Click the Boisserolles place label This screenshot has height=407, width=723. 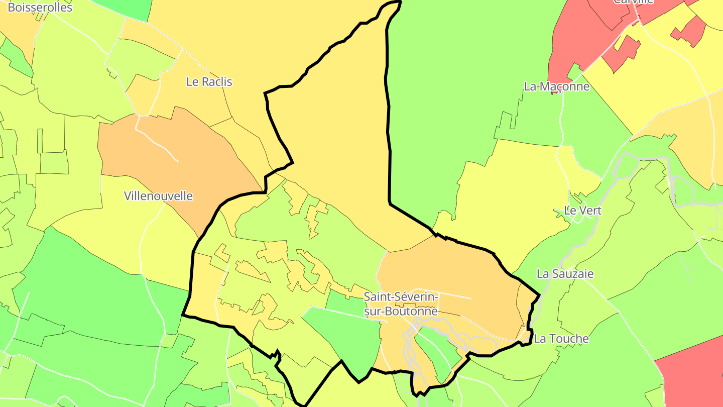click(40, 7)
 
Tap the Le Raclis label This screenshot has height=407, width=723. click(209, 81)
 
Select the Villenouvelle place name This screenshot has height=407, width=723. click(158, 196)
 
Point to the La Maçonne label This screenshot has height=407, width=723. click(556, 86)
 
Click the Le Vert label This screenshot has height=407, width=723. click(582, 211)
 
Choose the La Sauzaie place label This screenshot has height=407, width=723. click(565, 274)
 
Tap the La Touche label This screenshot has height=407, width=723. click(561, 339)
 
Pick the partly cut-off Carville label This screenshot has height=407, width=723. click(633, 2)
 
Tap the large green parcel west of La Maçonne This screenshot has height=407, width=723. click(452, 100)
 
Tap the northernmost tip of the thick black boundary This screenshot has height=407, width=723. click(400, 2)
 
